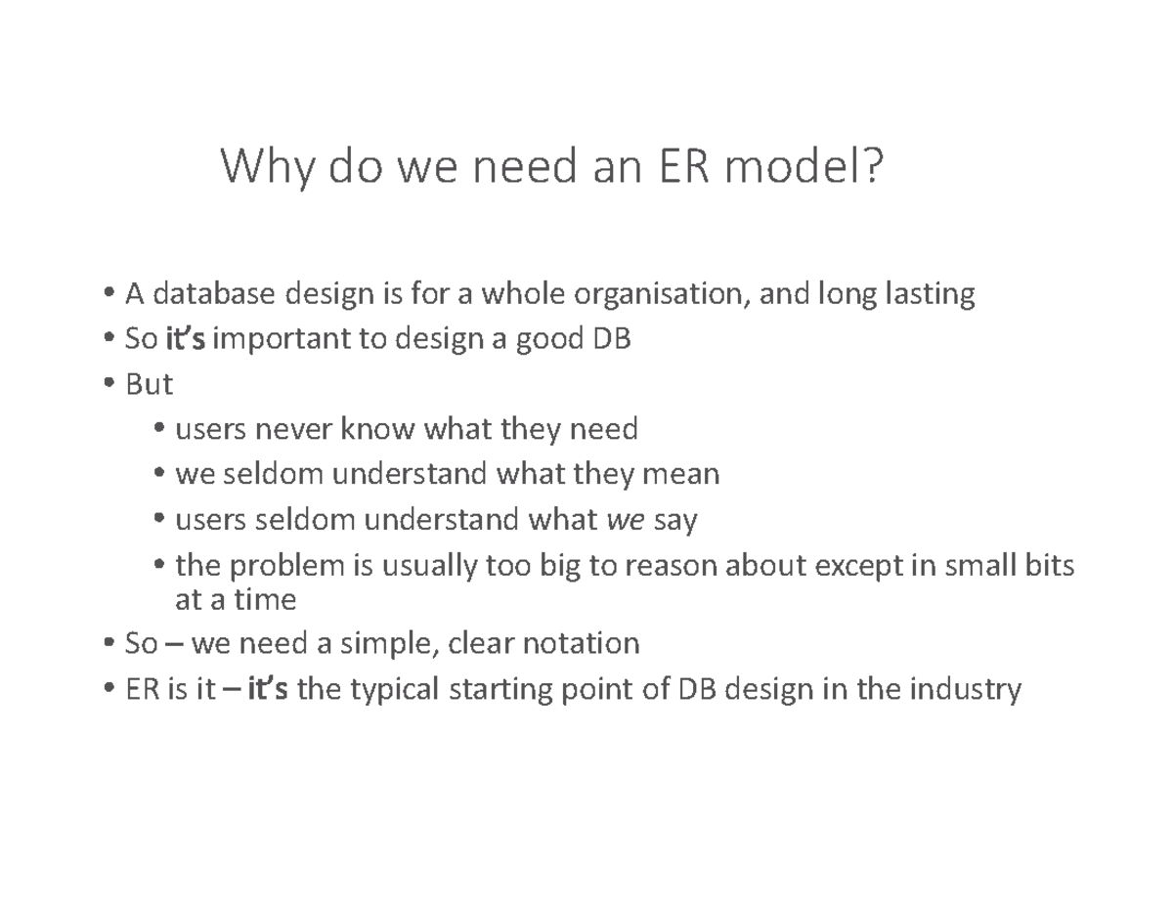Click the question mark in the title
(870, 164)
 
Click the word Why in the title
(267, 167)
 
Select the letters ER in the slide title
(683, 165)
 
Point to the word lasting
(930, 295)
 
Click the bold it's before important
(185, 339)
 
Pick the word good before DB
(550, 341)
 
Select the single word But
(149, 385)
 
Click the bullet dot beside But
(109, 382)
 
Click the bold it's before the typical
(268, 689)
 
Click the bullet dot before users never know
(159, 428)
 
